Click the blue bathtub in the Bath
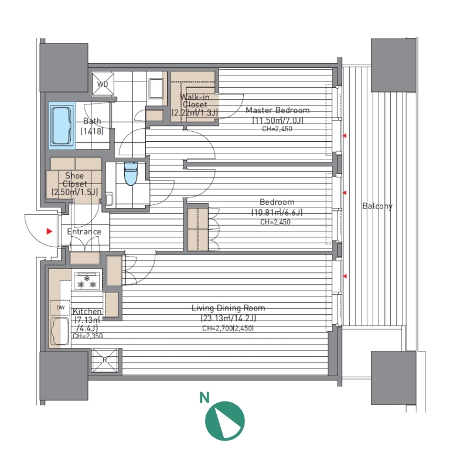61,126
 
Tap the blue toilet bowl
131,174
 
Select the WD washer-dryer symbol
103,84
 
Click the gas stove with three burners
87,281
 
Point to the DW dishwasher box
60,308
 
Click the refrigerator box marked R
105,360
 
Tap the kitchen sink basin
60,331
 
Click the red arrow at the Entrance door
49,231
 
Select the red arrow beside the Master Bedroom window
345,135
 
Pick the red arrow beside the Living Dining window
345,276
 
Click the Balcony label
377,206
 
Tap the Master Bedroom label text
278,110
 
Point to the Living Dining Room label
228,308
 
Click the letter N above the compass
204,398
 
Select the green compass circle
225,421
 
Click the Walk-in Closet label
195,101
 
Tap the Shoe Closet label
74,179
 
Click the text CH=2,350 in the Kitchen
87,336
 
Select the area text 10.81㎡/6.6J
277,212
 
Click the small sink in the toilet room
110,199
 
